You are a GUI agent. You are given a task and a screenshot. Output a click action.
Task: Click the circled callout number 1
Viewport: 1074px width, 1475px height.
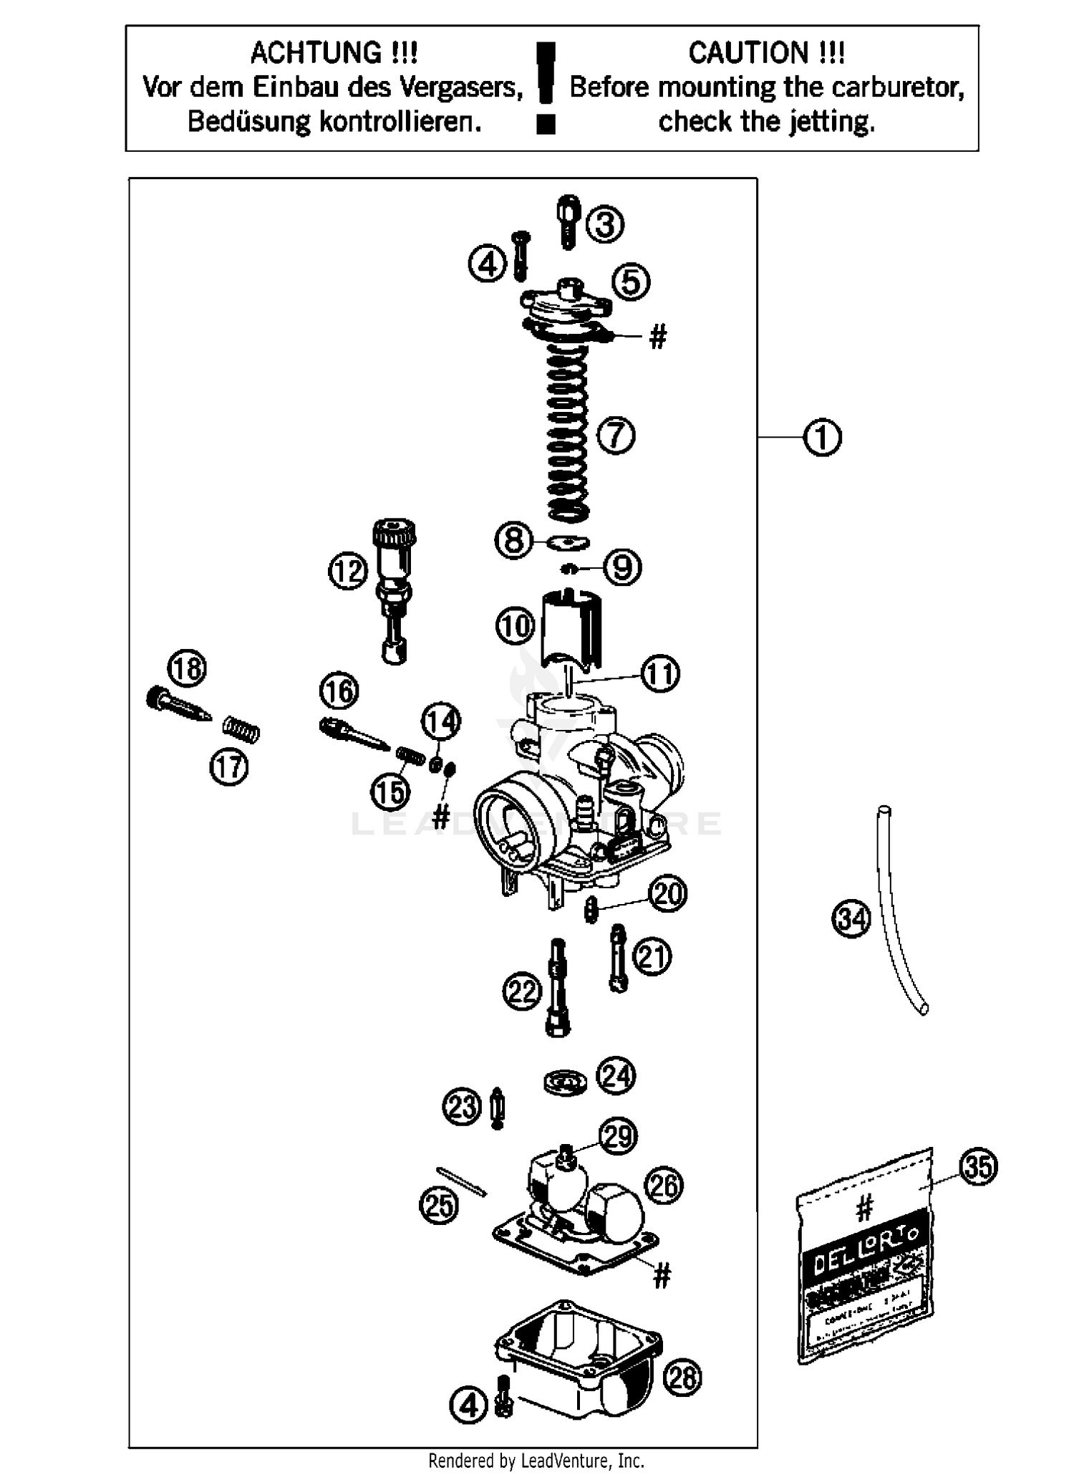point(822,437)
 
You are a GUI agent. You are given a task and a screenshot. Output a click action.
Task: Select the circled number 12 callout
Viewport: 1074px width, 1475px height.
point(348,571)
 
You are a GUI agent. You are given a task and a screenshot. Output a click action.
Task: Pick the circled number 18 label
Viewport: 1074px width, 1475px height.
point(187,669)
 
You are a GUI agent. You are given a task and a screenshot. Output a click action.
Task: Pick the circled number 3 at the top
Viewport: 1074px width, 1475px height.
point(605,224)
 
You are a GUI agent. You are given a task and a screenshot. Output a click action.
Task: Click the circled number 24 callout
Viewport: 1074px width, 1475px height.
point(616,1075)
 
